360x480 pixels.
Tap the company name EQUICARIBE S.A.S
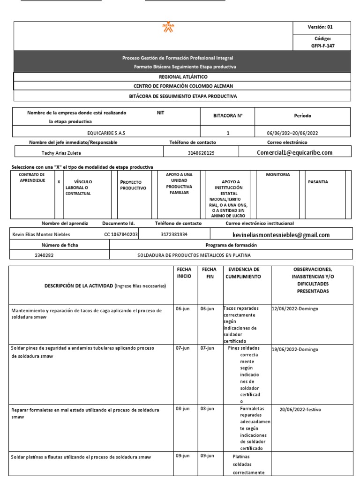click(x=106, y=133)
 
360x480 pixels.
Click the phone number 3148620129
click(x=201, y=152)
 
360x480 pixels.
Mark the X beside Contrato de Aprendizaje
click(x=59, y=181)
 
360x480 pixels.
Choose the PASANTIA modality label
click(x=318, y=181)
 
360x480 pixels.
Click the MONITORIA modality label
click(x=278, y=174)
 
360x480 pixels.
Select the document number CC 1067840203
click(x=121, y=234)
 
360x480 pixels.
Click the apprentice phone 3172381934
click(x=172, y=234)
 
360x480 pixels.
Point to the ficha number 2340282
click(x=45, y=255)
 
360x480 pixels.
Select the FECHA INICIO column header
click(x=184, y=273)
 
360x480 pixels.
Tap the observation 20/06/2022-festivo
click(x=300, y=409)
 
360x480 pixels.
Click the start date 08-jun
click(x=183, y=409)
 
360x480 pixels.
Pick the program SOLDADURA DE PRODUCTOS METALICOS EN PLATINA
click(x=194, y=255)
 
